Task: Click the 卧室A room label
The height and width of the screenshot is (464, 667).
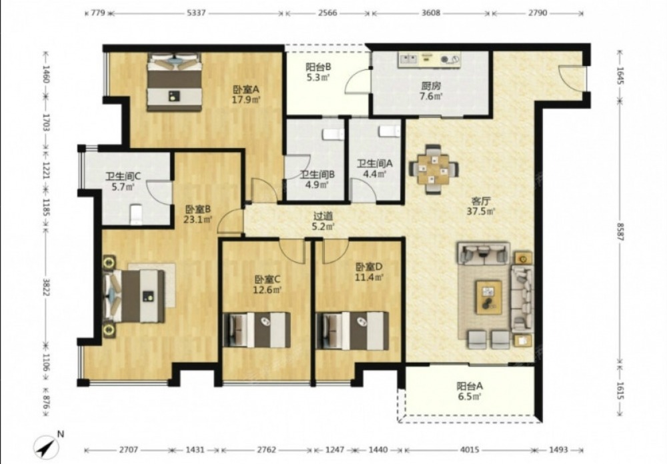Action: point(246,90)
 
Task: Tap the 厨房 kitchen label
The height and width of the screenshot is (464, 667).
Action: point(431,86)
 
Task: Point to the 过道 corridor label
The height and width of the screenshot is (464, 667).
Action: point(323,217)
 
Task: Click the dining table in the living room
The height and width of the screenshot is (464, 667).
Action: point(434,169)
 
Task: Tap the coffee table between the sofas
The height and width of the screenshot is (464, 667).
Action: point(488,297)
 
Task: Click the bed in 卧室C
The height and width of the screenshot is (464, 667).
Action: point(257,330)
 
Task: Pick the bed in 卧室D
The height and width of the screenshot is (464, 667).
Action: point(352,331)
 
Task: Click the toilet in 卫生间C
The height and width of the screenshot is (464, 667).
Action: point(135,215)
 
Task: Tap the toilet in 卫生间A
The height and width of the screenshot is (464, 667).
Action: point(390,131)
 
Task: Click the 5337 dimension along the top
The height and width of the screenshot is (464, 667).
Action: point(196,13)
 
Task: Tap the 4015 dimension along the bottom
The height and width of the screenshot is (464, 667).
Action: point(470,449)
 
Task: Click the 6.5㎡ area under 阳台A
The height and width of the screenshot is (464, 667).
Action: point(470,397)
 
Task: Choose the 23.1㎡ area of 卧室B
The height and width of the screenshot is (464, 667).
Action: point(198,220)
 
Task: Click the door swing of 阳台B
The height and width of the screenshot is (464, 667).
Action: point(356,81)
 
